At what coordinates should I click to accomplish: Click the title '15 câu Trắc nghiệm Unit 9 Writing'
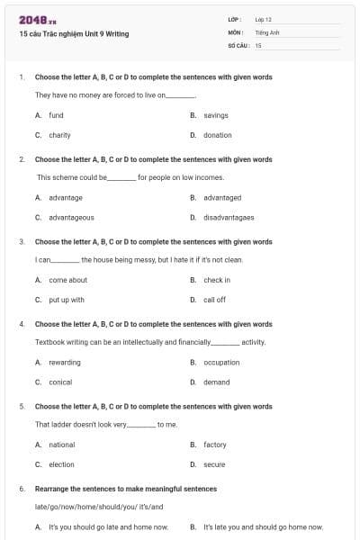coord(74,34)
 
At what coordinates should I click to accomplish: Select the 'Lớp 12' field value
coord(264,19)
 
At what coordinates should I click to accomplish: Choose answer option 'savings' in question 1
coord(216,116)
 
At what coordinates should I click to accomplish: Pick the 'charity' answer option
coord(59,136)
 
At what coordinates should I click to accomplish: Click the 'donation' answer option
coord(217,136)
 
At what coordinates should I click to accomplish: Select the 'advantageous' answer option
coord(71,218)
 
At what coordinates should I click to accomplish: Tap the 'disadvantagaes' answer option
coord(229,218)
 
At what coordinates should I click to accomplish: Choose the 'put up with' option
coord(66,300)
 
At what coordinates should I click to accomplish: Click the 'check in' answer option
coord(217,280)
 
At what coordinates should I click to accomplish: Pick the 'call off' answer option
coord(214,300)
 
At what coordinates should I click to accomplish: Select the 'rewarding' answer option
coord(64,363)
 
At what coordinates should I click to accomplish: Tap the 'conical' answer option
coord(61,382)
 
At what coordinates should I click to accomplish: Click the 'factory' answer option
coord(214,445)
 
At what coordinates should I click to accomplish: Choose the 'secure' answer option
coord(214,464)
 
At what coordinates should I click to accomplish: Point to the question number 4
coord(22,324)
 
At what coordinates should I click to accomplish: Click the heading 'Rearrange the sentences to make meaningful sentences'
coord(125,489)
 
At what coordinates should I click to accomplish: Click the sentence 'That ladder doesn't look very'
coord(82,424)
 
